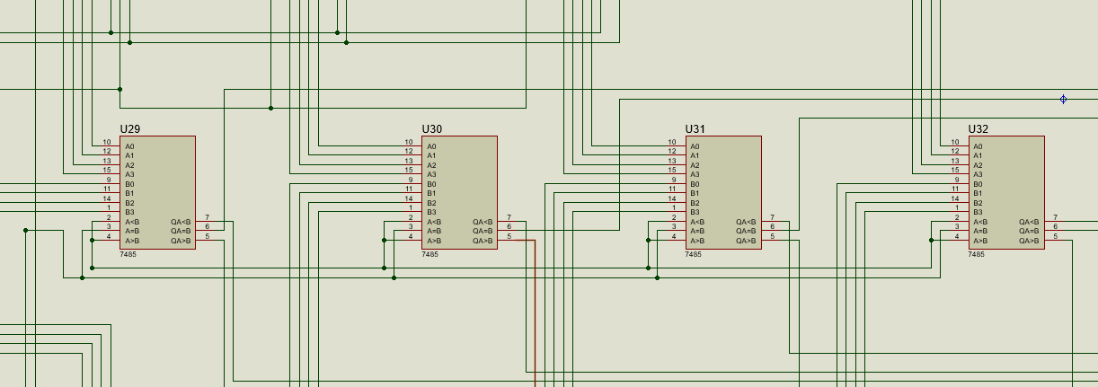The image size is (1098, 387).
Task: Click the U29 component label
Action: tap(130, 129)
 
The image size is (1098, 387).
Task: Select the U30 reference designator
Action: tap(432, 129)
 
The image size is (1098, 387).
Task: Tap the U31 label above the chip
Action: tap(695, 129)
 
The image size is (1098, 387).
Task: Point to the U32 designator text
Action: tap(978, 129)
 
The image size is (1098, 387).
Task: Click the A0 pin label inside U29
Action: tap(129, 146)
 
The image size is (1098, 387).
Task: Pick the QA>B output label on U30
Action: tap(483, 241)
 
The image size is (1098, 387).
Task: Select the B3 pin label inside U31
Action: tap(695, 212)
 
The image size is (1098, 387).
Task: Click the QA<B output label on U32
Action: tap(1029, 222)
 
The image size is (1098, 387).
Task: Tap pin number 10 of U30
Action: tap(409, 142)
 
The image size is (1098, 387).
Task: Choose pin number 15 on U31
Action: tap(672, 170)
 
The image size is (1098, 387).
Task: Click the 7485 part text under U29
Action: tap(128, 255)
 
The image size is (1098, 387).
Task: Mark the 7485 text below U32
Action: tap(976, 255)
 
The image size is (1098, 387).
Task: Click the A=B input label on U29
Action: tap(132, 231)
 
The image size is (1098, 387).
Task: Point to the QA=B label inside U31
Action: tap(747, 231)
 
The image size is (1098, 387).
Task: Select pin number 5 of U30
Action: tap(509, 236)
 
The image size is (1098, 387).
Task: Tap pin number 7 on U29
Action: tap(208, 217)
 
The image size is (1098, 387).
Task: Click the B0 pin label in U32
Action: tap(978, 184)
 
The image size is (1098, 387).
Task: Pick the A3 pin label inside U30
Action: tap(431, 174)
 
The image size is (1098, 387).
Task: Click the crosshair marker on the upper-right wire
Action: tap(1064, 100)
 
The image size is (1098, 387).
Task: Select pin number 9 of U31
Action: tap(672, 180)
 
